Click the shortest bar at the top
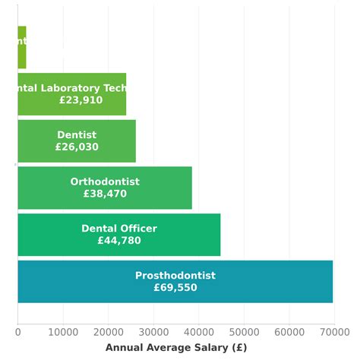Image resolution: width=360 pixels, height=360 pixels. [22, 47]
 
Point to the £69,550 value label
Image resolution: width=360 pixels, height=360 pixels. [175, 288]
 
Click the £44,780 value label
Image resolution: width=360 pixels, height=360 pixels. [119, 241]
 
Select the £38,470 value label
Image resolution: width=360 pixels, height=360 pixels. [105, 194]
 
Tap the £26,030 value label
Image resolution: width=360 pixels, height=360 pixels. [77, 147]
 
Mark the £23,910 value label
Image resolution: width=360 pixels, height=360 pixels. [81, 100]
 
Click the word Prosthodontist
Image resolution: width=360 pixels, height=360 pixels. [175, 276]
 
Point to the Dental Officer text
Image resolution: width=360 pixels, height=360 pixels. [119, 229]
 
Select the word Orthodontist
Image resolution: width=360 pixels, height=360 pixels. [105, 182]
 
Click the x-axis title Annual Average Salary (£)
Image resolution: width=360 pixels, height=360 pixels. [175, 347]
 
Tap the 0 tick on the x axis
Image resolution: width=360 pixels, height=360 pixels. [18, 331]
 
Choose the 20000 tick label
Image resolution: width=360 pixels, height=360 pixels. [108, 331]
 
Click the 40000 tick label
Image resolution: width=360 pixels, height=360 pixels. [198, 331]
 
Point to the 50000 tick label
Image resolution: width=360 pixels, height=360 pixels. [244, 331]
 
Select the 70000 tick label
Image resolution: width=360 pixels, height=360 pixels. [333, 331]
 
